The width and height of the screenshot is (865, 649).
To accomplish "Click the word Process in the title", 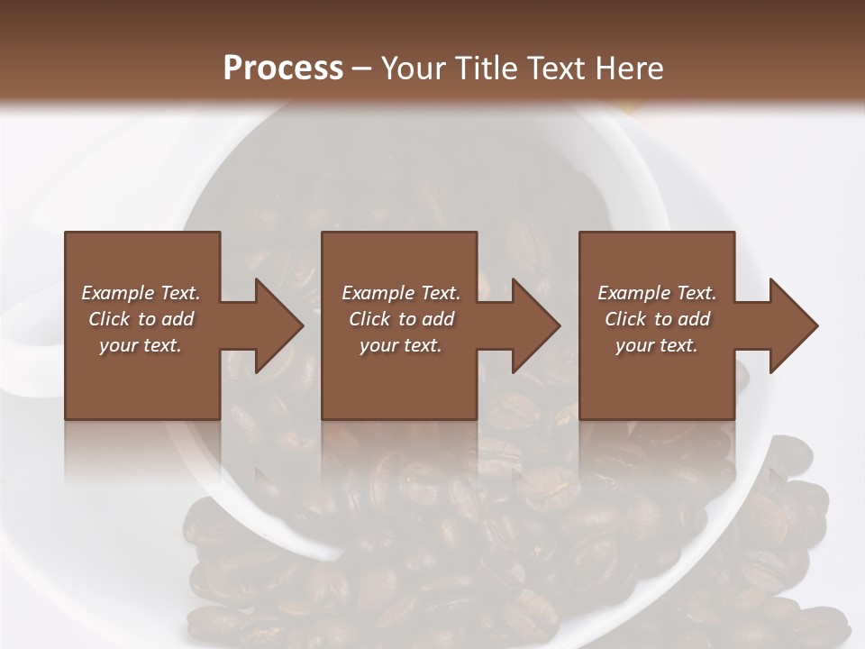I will click(283, 69).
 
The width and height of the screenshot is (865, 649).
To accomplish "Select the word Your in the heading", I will click(415, 69).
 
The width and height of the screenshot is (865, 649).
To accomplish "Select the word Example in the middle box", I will click(377, 293).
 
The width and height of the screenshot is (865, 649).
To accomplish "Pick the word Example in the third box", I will click(633, 293).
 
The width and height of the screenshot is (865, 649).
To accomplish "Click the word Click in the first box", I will click(109, 319).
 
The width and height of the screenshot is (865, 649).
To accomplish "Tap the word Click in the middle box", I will click(369, 319).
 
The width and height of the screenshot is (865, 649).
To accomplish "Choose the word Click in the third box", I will click(625, 319).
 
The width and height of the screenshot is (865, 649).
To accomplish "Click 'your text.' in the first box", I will click(141, 345).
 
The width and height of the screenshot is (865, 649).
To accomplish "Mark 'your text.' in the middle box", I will click(400, 345).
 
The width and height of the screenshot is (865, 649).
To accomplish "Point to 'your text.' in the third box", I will click(656, 345).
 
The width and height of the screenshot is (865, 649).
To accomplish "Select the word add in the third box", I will click(692, 319).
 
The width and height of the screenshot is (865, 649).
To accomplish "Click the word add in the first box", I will click(177, 319).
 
